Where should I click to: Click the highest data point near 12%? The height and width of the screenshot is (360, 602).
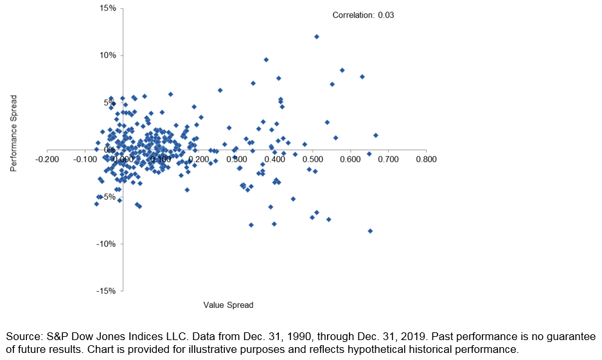317,37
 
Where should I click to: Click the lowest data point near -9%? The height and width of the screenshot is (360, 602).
370,231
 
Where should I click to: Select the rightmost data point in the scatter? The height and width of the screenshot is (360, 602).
376,135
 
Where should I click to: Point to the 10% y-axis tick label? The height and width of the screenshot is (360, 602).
107,55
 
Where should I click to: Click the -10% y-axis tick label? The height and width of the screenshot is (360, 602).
105,244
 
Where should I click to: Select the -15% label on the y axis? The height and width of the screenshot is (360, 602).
105,291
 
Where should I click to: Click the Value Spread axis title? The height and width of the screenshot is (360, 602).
228,305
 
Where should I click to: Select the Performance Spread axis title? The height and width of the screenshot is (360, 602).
13,134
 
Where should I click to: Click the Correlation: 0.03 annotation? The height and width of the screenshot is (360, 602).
363,14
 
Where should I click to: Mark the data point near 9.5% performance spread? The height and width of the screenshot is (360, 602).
266,60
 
